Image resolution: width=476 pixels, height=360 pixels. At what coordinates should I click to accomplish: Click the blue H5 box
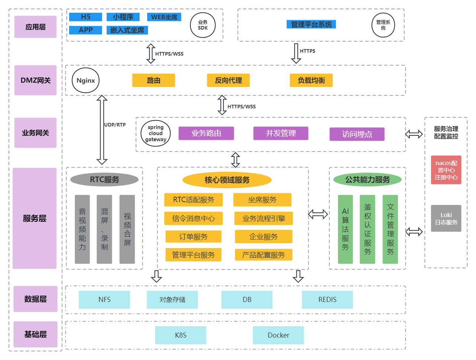(x=86, y=17)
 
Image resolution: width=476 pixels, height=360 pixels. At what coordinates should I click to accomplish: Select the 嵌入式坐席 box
(x=127, y=30)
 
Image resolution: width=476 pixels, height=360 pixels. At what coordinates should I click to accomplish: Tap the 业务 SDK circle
(x=203, y=25)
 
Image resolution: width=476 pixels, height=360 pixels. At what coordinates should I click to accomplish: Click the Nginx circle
(x=86, y=80)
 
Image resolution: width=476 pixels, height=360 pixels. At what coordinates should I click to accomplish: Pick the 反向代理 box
(x=228, y=80)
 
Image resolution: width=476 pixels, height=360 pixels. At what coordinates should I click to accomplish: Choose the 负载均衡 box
(x=311, y=80)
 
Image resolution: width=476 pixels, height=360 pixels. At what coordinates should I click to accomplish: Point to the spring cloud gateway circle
(x=155, y=133)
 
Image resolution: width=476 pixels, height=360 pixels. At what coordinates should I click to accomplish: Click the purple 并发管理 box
(x=281, y=133)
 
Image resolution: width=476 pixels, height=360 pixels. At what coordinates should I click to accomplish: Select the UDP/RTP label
(x=115, y=125)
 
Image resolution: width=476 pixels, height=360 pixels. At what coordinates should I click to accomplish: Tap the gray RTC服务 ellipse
(x=104, y=179)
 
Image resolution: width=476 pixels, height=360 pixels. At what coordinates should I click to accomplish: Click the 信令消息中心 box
(x=193, y=218)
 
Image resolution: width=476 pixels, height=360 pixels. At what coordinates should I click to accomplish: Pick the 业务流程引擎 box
(x=264, y=218)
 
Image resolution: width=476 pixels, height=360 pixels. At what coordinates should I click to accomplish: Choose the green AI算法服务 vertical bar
(x=345, y=229)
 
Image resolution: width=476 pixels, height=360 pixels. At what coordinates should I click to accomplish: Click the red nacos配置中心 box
(x=446, y=170)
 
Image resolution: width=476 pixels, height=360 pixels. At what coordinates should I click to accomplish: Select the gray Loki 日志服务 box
(x=446, y=218)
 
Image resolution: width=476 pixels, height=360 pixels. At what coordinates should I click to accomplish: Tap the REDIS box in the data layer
(x=327, y=299)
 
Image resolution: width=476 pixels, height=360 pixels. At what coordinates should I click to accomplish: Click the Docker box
(x=278, y=335)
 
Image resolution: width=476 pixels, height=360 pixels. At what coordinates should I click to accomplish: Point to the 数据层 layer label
(x=35, y=299)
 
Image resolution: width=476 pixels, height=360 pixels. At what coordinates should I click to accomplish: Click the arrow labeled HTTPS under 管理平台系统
(x=296, y=53)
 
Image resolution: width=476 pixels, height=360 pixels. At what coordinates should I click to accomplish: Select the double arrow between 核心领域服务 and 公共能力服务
(x=318, y=214)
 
